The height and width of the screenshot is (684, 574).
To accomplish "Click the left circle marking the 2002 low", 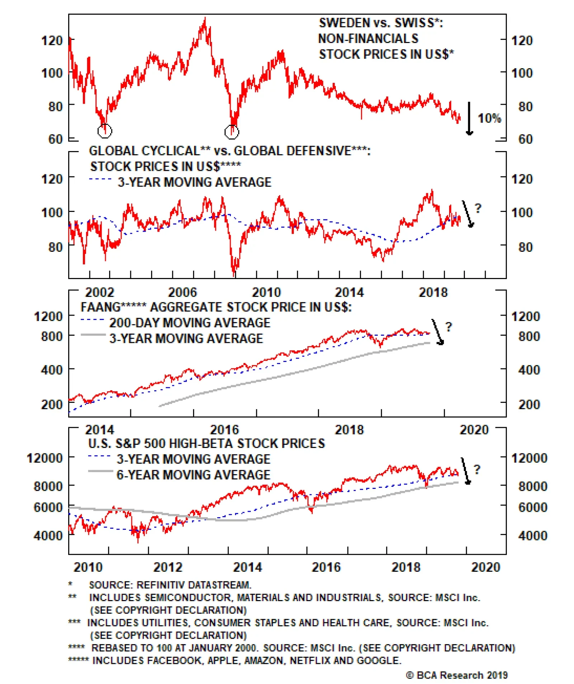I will click(105, 131).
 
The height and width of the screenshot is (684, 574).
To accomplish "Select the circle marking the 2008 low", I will click(231, 132).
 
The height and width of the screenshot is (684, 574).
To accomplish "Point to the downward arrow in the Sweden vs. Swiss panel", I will click(469, 118).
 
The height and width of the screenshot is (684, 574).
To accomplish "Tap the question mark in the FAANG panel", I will click(448, 326).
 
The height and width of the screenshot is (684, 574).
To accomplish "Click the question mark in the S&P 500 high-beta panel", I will click(477, 469).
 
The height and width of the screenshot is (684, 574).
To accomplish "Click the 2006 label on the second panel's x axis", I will click(183, 292).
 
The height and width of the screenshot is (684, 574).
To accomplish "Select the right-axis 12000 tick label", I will click(529, 458).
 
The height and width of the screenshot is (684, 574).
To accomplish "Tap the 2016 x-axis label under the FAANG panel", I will click(224, 430).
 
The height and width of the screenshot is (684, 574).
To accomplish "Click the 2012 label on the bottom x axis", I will click(168, 567).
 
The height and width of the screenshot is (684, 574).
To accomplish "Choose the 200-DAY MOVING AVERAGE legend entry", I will click(189, 322).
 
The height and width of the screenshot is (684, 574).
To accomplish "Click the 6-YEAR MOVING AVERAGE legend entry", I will click(193, 475).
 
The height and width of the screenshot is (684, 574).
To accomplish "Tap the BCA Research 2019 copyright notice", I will click(457, 675).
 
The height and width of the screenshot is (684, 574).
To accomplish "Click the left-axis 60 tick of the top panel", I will click(55, 139).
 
